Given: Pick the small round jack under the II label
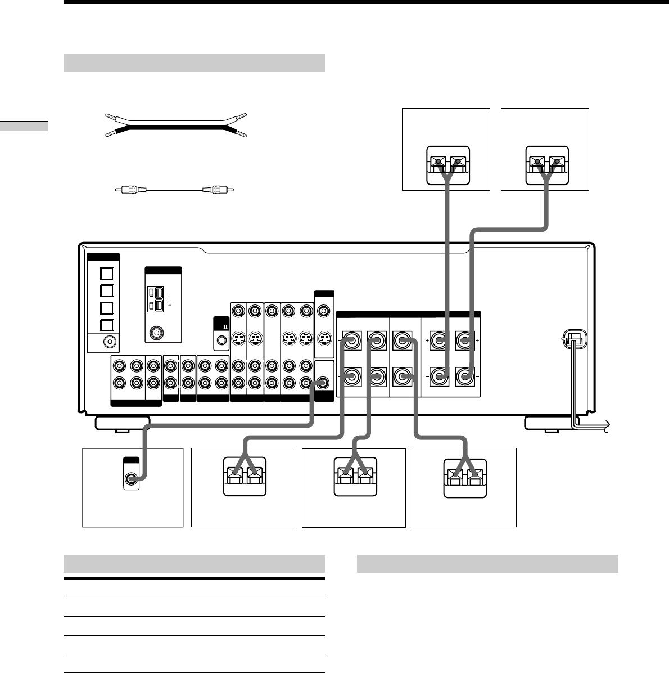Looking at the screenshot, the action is [222, 340].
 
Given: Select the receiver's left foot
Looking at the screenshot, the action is [122, 423].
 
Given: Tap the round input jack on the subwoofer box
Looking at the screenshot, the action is [131, 479].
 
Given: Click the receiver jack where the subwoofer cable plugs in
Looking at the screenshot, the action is [323, 383].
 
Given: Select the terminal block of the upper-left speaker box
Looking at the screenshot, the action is [448, 164].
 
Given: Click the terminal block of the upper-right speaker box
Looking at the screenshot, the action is [547, 164].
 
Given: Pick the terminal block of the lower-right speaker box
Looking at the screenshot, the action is [465, 479].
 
